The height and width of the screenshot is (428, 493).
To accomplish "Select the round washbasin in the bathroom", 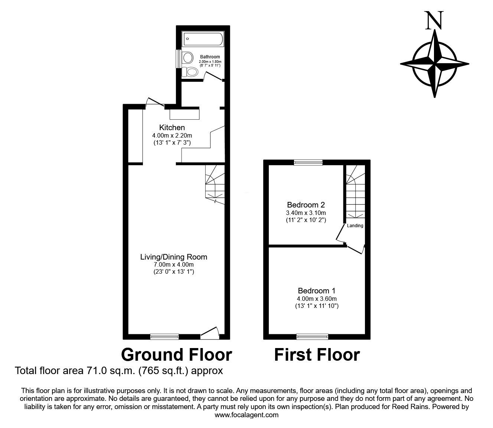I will coord(188,58).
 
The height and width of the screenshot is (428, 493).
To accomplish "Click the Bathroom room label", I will coord(210,57).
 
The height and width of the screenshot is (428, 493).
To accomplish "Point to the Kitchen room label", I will coord(172,128).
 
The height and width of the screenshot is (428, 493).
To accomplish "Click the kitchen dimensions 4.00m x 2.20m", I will coord(172,135).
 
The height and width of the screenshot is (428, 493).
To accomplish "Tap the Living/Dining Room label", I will coord(173,257).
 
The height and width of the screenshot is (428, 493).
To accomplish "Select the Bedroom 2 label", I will coord(306,205).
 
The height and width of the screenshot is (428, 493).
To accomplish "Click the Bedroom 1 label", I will coord(317,291).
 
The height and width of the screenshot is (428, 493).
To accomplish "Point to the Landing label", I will coord(355,226).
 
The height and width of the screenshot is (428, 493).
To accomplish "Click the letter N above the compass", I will coord(434,20).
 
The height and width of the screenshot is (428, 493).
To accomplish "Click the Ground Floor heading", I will coord(177,355).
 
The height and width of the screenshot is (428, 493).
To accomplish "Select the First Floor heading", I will coord(317,355).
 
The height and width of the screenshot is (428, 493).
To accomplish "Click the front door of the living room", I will coord(209,332).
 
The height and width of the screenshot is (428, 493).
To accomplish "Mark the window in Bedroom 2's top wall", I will coord(308,162).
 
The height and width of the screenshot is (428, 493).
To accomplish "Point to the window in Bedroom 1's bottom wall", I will coord(312,337).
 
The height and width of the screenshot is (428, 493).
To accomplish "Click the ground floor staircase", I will coord(215,184).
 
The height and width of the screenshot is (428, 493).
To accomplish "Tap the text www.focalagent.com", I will coord(246,415).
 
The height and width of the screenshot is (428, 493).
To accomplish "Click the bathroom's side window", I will coord(178,58).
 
